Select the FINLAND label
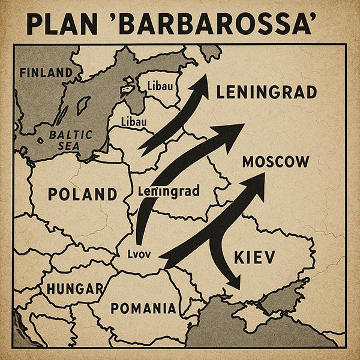tap(50, 73)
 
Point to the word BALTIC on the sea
tap(70, 135)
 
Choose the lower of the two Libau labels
tap(134, 122)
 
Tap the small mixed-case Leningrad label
tap(172, 192)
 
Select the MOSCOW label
tap(276, 162)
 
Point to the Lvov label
tap(143, 253)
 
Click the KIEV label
tap(253, 258)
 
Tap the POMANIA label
tap(143, 309)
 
